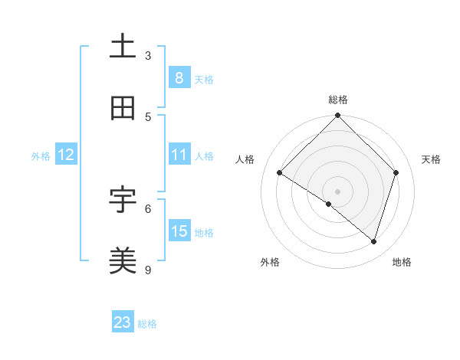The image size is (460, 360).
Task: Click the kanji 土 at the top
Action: coord(123,46)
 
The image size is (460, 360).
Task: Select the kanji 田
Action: coord(123,108)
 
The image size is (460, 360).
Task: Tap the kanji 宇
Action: coord(123,200)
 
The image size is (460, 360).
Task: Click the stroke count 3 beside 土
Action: coord(148,56)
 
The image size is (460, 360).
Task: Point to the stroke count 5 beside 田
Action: coord(148,117)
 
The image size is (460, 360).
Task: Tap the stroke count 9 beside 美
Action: coord(148,270)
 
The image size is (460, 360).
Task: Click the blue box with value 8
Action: coord(179,78)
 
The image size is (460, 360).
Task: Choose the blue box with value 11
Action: coord(179,155)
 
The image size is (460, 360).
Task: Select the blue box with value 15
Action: coord(179,231)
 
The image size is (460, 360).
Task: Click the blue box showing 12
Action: coord(66,155)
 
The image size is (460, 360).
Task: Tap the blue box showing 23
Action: coord(123,322)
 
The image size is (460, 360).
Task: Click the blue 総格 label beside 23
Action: coord(148,324)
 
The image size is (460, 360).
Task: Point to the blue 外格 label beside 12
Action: coord(41,156)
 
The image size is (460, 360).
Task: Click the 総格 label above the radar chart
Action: coord(338,100)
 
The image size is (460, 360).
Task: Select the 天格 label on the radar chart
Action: coord(432,159)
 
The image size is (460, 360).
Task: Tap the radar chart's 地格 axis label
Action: coord(402,263)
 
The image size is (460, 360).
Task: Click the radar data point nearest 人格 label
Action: coord(280,173)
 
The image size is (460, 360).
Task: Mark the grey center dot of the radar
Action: coord(338,191)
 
